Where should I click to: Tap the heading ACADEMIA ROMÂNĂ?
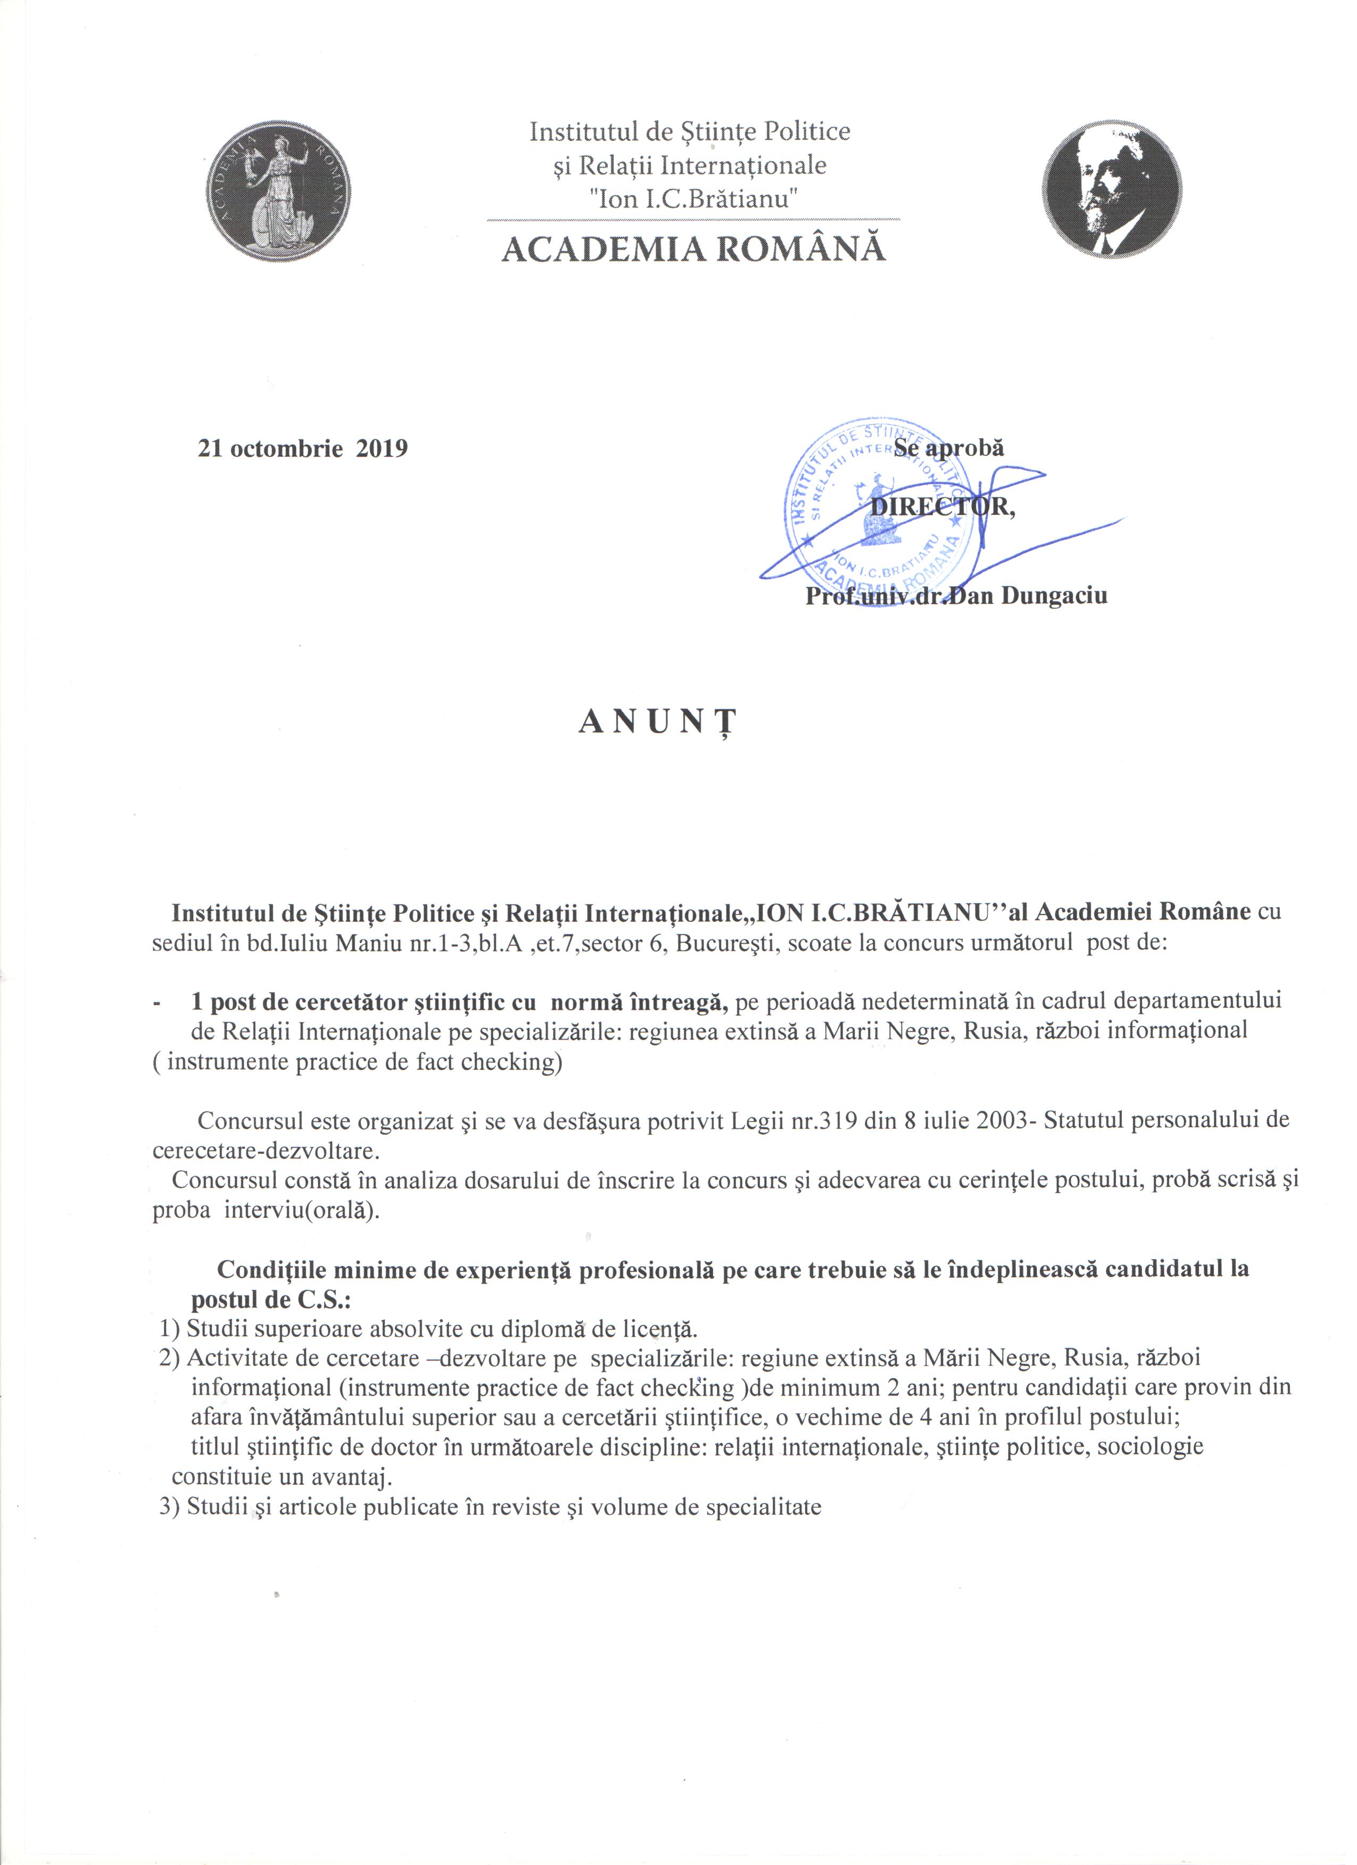693,249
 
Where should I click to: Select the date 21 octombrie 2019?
303,448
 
